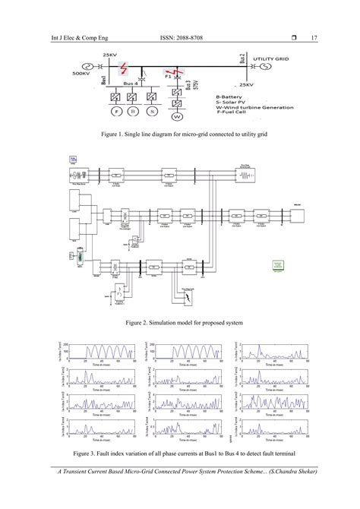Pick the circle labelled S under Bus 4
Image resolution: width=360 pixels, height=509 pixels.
[x=153, y=112]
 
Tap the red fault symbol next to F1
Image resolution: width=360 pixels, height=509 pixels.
[x=177, y=74]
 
